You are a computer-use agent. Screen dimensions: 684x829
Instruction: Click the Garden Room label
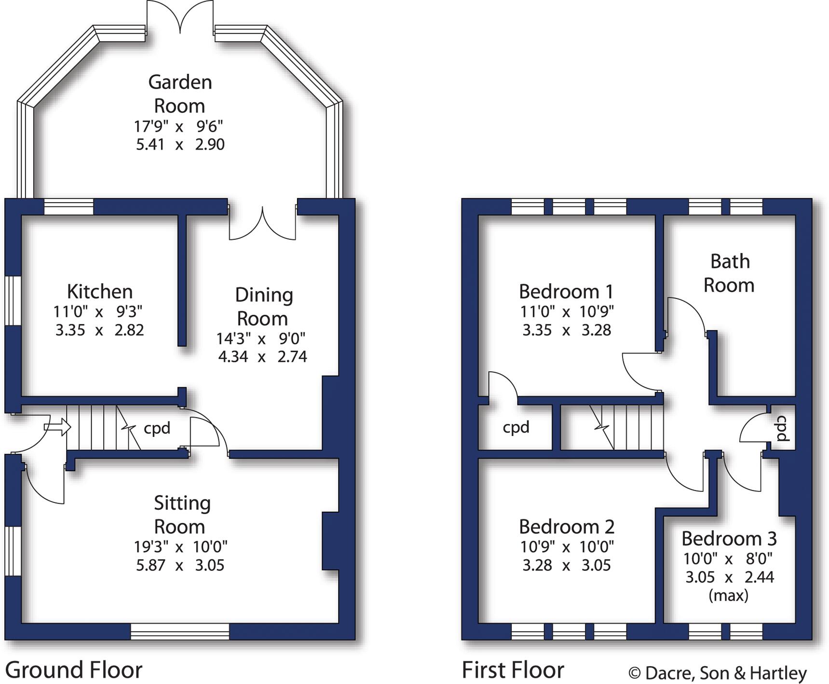point(179,94)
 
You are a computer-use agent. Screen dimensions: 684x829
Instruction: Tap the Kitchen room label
point(100,292)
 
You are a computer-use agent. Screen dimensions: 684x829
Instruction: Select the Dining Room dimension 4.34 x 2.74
point(262,357)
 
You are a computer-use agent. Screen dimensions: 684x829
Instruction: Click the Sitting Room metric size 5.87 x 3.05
point(180,565)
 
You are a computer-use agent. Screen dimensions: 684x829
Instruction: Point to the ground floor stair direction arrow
point(57,427)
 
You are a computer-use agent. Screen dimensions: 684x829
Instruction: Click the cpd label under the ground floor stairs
point(157,428)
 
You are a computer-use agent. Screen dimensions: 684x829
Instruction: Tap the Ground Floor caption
point(74,670)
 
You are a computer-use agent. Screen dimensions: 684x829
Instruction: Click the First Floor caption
point(513,670)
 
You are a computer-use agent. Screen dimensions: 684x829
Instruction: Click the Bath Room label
point(729,273)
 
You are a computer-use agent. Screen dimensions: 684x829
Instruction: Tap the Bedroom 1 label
point(566,292)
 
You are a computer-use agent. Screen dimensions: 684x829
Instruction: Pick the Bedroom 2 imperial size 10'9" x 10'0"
point(567,547)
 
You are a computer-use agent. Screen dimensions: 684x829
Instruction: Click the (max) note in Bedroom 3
point(728,596)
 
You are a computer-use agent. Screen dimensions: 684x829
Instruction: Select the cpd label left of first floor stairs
point(516,427)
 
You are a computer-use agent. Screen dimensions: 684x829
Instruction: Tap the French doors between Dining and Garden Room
point(262,223)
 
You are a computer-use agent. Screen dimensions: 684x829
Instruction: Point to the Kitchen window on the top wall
point(68,207)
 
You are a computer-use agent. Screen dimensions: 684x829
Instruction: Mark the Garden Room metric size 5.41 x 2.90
point(180,144)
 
